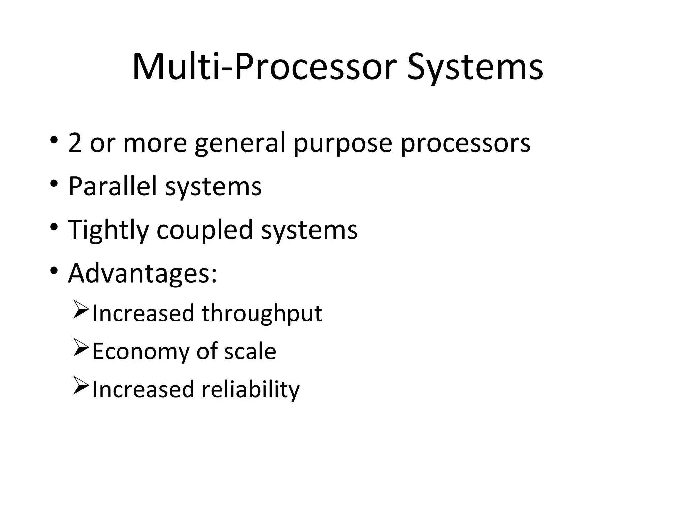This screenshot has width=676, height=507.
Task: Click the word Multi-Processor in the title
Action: coord(264,68)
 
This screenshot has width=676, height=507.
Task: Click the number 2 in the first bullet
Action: coord(75,143)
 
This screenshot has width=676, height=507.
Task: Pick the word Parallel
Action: coord(112,186)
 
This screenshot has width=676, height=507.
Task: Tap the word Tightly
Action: coord(108,230)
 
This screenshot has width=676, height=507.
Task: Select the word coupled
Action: coord(205,230)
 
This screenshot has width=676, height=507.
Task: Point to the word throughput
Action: coord(262,314)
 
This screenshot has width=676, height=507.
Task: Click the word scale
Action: coord(250,351)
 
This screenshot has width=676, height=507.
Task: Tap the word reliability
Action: coord(251,390)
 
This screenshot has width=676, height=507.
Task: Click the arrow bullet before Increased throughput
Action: coord(81,310)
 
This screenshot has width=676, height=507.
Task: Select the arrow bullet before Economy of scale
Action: coord(81,348)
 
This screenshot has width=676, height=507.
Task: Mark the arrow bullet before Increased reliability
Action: coord(81,386)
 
